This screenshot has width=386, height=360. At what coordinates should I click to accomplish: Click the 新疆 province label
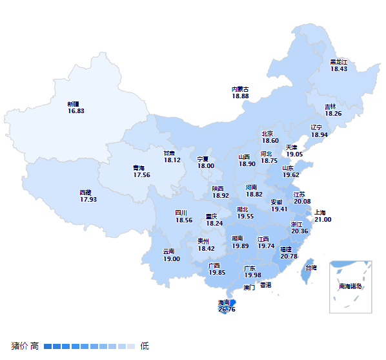point(73,103)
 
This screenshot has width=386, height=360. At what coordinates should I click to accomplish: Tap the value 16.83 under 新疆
point(76,111)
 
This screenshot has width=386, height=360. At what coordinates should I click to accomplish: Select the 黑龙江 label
point(339,61)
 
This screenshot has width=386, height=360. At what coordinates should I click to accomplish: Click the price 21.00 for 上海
point(323,220)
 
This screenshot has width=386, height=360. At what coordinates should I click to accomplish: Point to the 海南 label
point(224,302)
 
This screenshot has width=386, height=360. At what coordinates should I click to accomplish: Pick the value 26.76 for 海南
point(227,310)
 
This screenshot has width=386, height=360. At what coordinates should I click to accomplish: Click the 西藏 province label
point(86,192)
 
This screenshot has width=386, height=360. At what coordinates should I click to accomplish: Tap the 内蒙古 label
point(240,89)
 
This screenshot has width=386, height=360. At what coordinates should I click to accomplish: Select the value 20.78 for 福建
point(289,256)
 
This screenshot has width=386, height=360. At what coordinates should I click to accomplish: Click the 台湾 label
point(310,268)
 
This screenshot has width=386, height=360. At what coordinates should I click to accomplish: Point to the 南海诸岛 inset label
point(350,286)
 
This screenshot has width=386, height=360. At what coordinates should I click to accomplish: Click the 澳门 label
point(249,288)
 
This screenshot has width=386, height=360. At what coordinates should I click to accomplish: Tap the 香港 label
point(265,284)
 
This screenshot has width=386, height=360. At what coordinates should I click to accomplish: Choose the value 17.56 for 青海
point(141,175)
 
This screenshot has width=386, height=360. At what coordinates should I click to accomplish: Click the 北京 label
point(267,134)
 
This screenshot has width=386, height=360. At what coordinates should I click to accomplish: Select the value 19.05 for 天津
point(294,154)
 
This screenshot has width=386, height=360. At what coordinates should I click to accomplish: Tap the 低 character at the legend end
point(145,346)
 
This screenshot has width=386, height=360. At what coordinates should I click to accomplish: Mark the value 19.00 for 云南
point(171,259)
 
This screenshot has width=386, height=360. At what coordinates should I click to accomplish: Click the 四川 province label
point(181,213)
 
